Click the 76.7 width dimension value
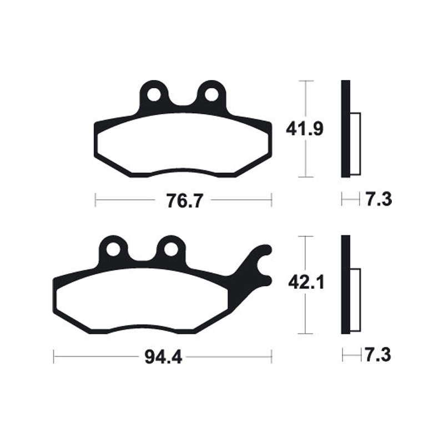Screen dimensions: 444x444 183,200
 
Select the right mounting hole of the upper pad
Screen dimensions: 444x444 211,94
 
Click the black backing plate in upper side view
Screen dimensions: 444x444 345,129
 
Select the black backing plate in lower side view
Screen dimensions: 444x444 345,284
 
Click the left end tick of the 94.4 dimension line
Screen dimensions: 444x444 53,356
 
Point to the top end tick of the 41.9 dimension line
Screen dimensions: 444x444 306,81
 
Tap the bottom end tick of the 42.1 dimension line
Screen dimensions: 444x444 306,334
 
